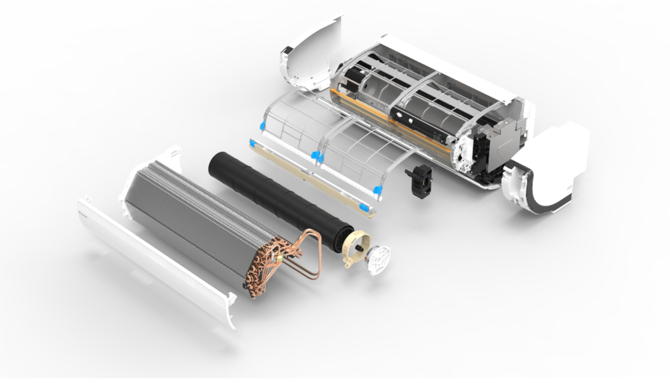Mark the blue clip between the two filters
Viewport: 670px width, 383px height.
click(316, 155)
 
